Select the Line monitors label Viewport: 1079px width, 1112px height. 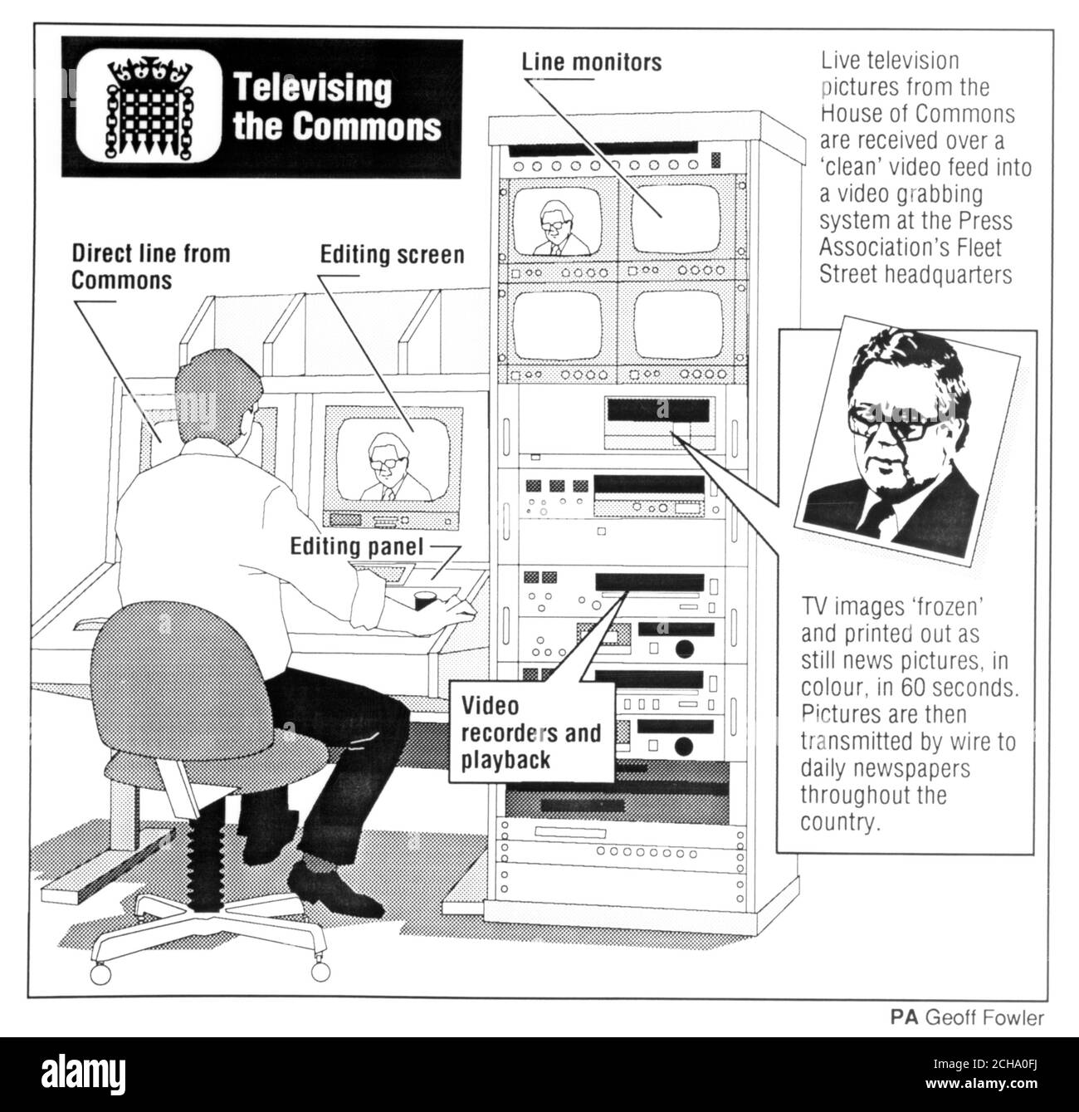point(591,62)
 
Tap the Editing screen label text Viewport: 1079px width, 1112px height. point(392,254)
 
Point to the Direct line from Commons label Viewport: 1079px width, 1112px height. point(149,267)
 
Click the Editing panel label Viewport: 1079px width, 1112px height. point(356,547)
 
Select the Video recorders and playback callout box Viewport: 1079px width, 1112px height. point(531,732)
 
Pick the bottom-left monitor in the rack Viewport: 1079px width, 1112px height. point(555,325)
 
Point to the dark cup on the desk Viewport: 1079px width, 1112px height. point(424,600)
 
